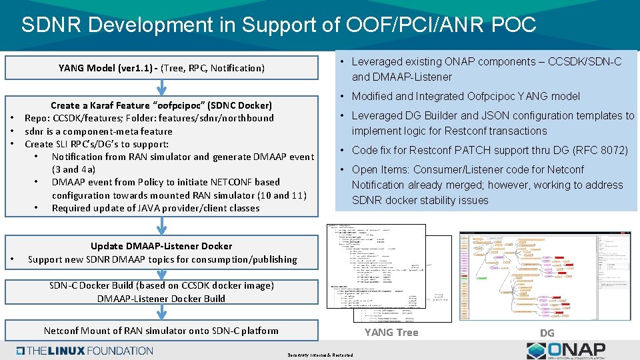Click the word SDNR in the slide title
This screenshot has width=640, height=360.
pyautogui.click(x=51, y=25)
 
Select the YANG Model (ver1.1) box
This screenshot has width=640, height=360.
pyautogui.click(x=161, y=68)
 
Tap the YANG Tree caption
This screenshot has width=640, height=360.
pyautogui.click(x=391, y=332)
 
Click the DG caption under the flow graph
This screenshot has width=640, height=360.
pyautogui.click(x=547, y=332)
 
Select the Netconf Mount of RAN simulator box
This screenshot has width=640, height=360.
pyautogui.click(x=161, y=330)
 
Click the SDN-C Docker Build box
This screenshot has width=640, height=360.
pyautogui.click(x=161, y=292)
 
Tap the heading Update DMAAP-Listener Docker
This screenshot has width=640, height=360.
pyautogui.click(x=161, y=246)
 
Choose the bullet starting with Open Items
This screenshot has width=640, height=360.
pyautogui.click(x=487, y=185)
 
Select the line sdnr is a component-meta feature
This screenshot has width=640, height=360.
pyautogui.click(x=99, y=131)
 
